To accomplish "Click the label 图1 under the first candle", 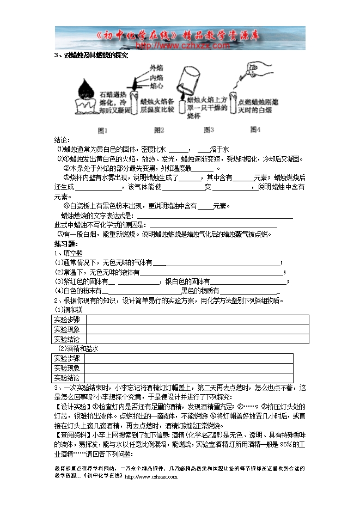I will (x=102, y=130).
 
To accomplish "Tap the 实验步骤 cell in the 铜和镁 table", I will (x=66, y=320).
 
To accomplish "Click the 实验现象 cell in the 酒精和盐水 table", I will (x=66, y=368).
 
